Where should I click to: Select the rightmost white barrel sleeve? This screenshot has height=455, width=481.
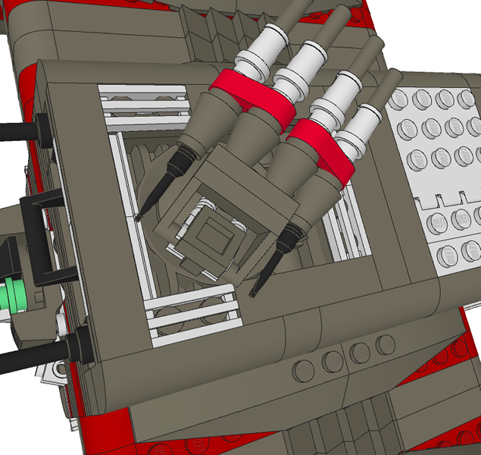coord(362,129)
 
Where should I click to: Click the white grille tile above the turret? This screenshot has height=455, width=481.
coord(144,102)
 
